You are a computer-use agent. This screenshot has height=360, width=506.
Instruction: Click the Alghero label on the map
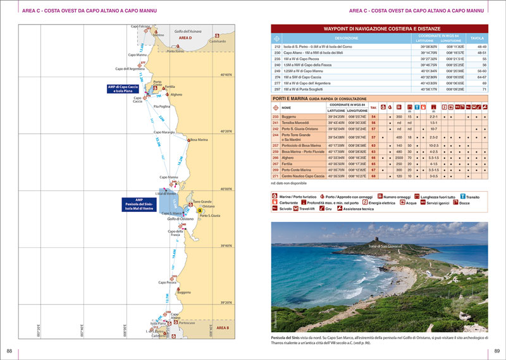tap(176, 94)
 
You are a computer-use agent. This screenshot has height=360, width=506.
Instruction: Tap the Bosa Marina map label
tap(199, 139)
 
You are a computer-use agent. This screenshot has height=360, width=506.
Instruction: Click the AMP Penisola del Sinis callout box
tap(139, 204)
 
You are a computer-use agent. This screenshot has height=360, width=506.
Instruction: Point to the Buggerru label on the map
tap(183, 292)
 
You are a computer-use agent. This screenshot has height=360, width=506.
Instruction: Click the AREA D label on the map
tap(185, 38)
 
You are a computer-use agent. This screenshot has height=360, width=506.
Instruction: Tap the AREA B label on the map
tap(223, 328)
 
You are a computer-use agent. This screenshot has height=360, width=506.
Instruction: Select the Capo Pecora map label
tap(167, 282)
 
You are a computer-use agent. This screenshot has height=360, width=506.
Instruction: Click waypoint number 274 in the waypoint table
tap(277, 77)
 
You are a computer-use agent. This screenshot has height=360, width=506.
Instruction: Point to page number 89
tap(497, 351)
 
